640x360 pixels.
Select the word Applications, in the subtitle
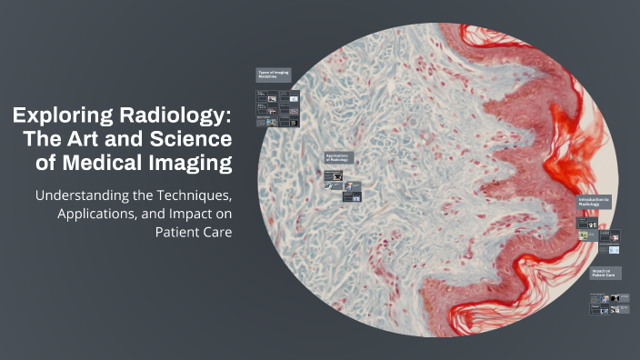[x=99, y=214]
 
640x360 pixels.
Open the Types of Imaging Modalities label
[x=273, y=75]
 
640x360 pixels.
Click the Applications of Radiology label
[x=338, y=158]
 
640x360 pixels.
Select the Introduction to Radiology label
[x=595, y=202]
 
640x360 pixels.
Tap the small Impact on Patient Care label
[x=603, y=273]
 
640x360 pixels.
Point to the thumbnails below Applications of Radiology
[x=344, y=186]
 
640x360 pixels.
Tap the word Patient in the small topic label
[x=598, y=275]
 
